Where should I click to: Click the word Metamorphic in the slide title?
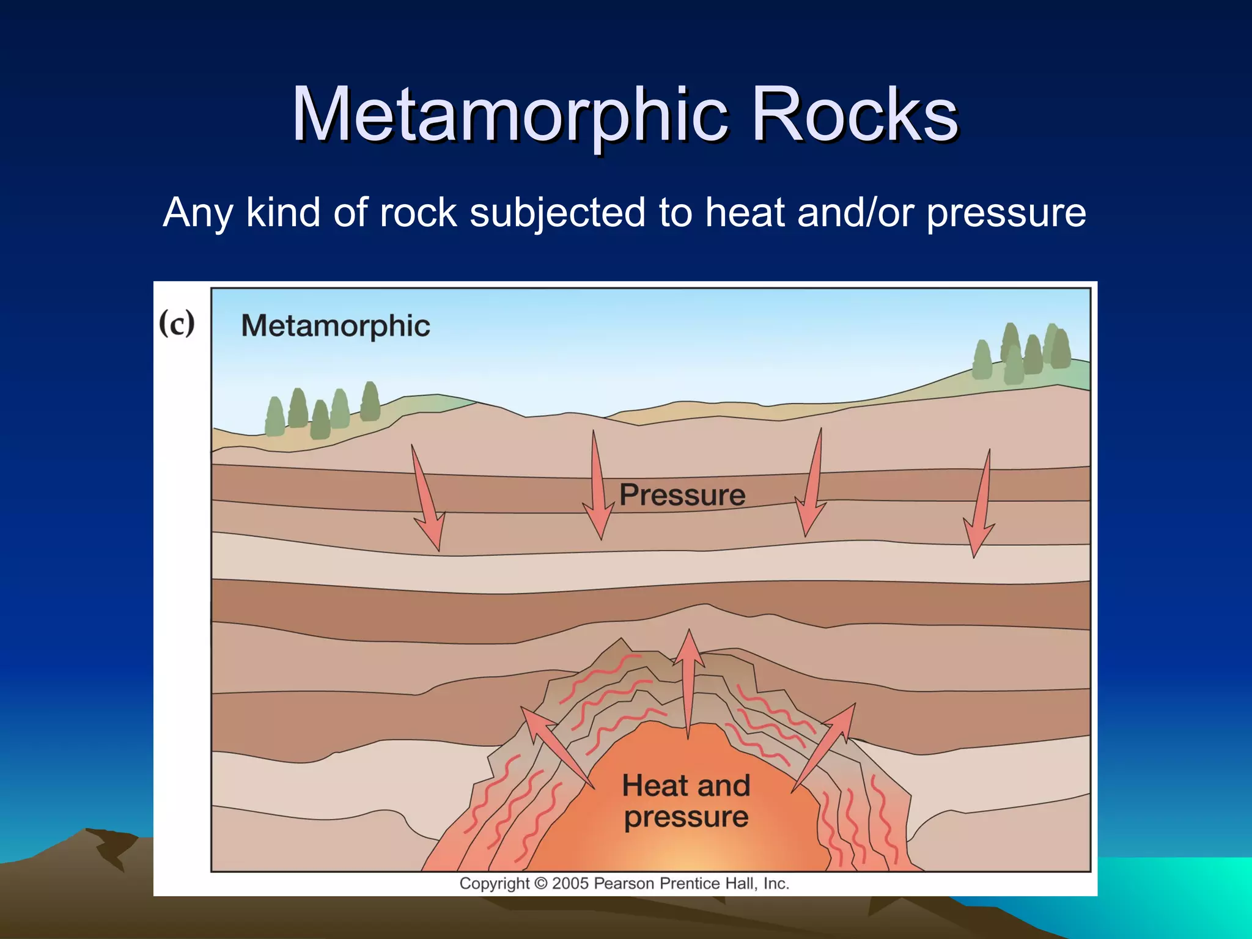(510, 115)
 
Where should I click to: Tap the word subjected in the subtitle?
(557, 213)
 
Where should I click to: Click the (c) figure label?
(177, 323)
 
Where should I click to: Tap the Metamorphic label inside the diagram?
(336, 325)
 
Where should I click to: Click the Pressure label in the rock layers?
(682, 495)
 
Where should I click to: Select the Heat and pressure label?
(686, 801)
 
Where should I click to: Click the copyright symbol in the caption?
(540, 883)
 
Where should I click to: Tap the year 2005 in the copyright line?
(570, 883)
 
